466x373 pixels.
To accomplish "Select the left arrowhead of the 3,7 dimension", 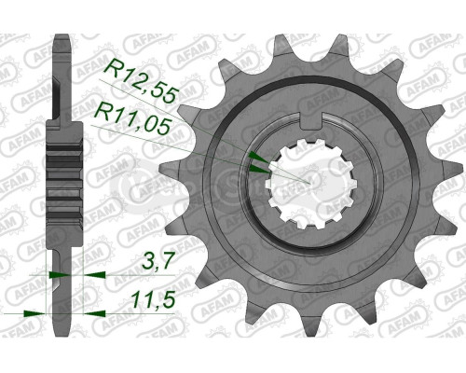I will pyautogui.click(x=53, y=276).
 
